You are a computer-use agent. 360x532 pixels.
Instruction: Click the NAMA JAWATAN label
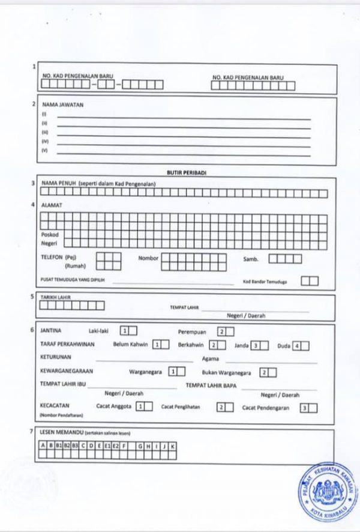click(x=63, y=104)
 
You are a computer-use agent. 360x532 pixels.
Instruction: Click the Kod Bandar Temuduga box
click(x=310, y=280)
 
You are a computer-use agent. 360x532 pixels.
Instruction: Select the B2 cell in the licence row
click(x=67, y=446)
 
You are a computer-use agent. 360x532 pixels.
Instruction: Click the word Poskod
click(x=50, y=235)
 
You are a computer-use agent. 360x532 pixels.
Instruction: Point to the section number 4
click(x=33, y=205)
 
